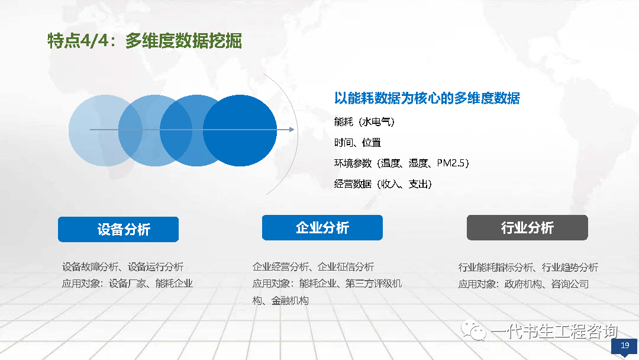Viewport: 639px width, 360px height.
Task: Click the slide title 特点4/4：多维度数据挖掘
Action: point(145,41)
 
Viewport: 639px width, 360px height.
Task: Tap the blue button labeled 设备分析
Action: point(118,229)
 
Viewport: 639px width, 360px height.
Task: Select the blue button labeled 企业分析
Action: point(322,227)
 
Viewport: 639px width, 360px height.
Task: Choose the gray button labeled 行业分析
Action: point(527,227)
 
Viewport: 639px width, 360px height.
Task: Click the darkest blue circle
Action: point(240,130)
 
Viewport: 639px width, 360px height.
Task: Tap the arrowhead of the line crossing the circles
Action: point(292,130)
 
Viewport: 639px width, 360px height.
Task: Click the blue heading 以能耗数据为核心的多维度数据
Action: point(427,98)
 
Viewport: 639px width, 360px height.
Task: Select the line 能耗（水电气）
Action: point(364,121)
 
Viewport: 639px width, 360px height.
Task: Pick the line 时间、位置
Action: point(357,142)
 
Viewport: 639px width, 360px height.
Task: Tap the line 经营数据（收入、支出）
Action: point(383,184)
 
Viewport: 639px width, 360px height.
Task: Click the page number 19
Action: point(625,345)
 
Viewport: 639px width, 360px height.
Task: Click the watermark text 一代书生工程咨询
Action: point(554,331)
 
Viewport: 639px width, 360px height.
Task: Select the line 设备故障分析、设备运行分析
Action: point(122,267)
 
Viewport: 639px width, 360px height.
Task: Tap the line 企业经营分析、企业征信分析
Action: point(313,267)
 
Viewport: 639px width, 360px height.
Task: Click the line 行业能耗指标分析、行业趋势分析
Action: point(528,268)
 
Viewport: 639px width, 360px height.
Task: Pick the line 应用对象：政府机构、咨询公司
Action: point(523,284)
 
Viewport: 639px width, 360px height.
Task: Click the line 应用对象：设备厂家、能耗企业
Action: point(127,284)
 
